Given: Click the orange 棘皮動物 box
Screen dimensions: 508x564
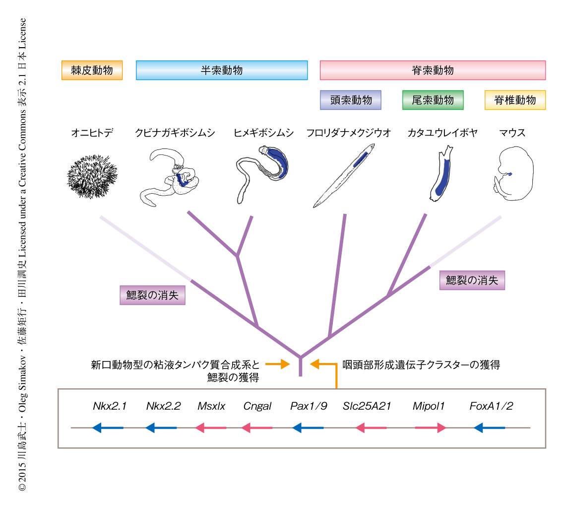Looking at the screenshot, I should [92, 70].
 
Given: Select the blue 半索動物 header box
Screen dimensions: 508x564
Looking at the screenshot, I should [222, 70].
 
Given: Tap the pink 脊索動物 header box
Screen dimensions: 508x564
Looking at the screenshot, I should [433, 70].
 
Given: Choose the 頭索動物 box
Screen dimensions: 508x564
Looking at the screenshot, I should [351, 100].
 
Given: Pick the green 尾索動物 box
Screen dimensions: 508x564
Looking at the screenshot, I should [433, 100].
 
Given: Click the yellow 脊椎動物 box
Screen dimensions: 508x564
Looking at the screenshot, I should [514, 100].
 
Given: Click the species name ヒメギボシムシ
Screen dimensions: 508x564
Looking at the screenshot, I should [263, 133].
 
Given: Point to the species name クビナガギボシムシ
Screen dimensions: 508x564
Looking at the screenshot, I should [175, 133].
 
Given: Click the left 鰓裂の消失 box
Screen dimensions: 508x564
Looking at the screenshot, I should [152, 295].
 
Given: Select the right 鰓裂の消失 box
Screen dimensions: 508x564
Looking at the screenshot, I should [472, 280].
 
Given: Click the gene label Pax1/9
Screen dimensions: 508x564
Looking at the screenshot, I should [309, 406].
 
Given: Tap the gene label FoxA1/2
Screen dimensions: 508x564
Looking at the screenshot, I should [491, 406].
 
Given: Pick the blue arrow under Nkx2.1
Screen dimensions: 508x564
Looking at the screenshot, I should [108, 428].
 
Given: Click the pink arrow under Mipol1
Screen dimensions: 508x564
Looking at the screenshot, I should [430, 428].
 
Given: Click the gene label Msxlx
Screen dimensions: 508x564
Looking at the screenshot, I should [211, 406].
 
